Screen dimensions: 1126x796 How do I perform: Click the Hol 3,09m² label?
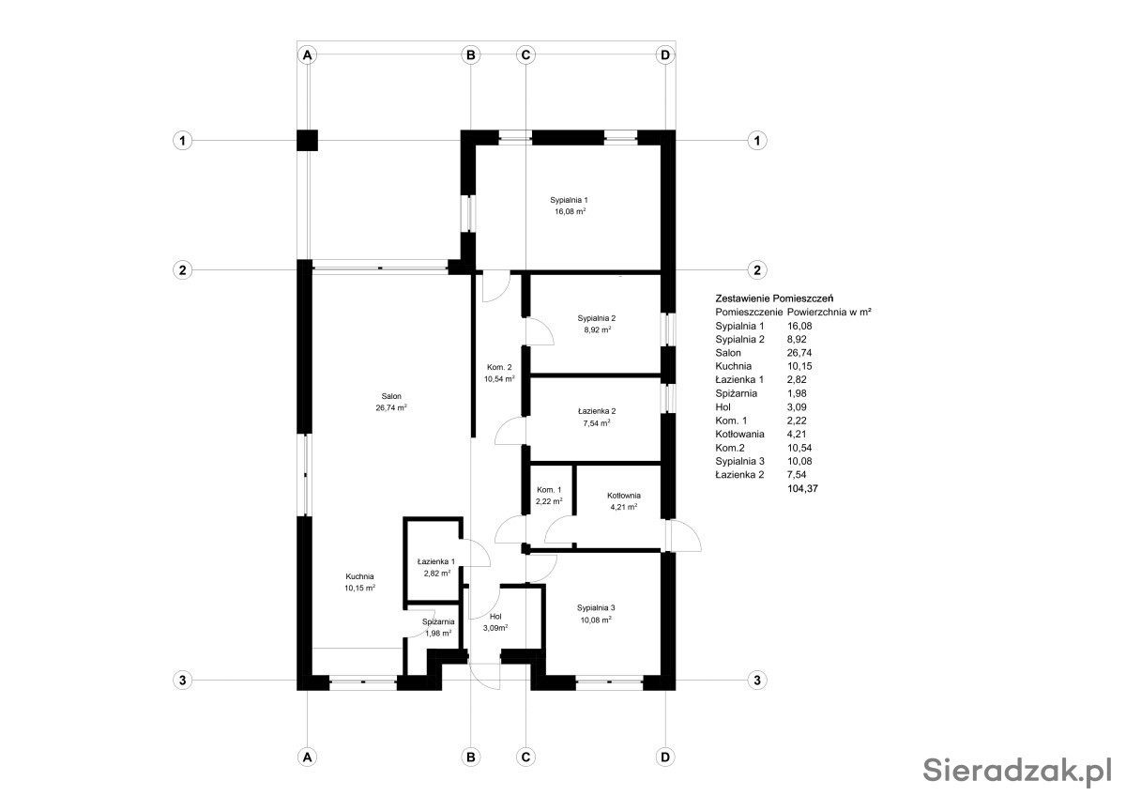(495, 622)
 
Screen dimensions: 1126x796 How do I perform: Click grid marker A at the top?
(307, 54)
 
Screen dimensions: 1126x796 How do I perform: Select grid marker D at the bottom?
(665, 758)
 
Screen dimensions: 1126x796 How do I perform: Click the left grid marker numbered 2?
(182, 270)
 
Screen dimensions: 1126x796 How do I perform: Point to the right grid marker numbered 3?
(757, 681)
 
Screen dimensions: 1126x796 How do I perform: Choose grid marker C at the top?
(525, 54)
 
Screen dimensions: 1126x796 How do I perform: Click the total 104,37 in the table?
(802, 488)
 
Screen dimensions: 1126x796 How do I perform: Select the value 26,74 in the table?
(799, 353)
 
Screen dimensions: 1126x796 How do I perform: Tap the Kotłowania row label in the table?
(740, 434)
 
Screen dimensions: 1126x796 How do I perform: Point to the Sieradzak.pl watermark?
(1017, 771)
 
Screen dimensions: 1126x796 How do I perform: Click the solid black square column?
(307, 140)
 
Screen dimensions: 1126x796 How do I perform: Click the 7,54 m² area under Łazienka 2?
(597, 423)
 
